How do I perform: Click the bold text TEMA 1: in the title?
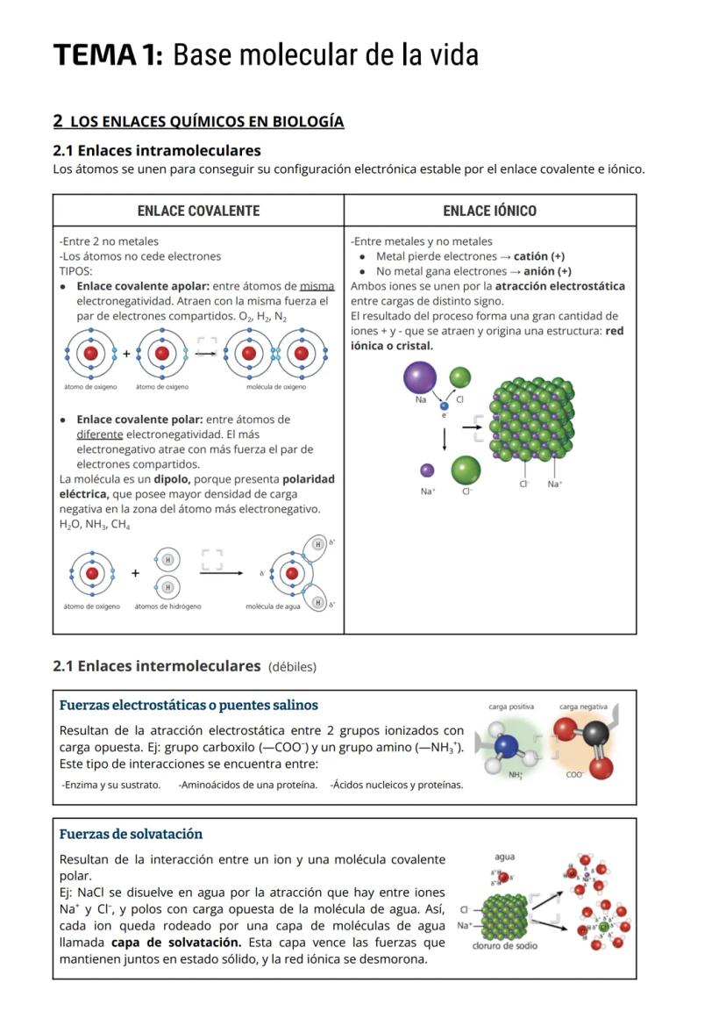[108, 54]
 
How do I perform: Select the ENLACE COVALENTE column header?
[198, 211]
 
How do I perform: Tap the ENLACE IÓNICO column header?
[489, 211]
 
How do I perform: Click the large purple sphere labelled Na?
[420, 378]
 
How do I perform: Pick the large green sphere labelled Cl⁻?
[466, 470]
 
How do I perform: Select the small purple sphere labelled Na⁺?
[427, 470]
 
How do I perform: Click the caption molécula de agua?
[273, 606]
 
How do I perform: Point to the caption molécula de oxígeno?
[275, 387]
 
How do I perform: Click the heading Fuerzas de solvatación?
[131, 834]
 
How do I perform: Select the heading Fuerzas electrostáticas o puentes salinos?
[189, 705]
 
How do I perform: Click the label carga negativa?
[583, 707]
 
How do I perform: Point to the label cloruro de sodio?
[505, 946]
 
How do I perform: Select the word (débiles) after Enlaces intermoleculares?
[292, 667]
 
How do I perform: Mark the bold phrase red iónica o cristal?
[392, 346]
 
